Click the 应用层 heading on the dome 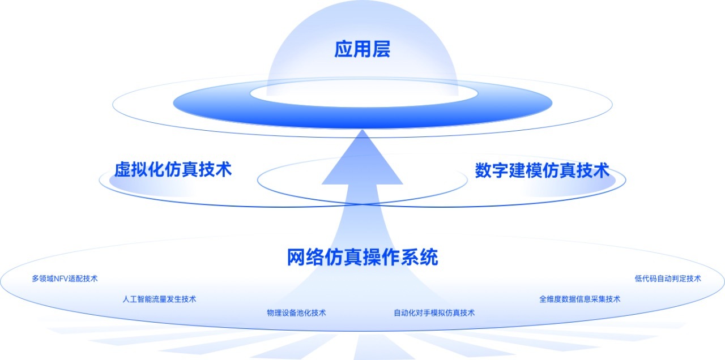[x=362, y=49]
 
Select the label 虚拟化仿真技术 [x=173, y=169]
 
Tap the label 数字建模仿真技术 [x=543, y=170]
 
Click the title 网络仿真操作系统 [x=362, y=257]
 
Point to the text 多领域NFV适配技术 [x=65, y=278]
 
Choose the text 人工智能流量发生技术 [x=159, y=299]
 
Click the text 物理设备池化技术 [x=296, y=313]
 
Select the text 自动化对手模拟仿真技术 [x=434, y=313]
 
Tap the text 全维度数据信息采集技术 [x=579, y=299]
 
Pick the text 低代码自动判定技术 [x=668, y=278]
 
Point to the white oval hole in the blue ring [x=364, y=93]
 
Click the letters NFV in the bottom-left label [x=61, y=278]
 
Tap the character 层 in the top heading [x=381, y=49]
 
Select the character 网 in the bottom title [x=296, y=257]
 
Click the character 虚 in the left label [x=123, y=169]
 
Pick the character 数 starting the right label [x=483, y=170]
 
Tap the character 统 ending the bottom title [x=429, y=257]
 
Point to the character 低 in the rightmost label [x=638, y=278]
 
